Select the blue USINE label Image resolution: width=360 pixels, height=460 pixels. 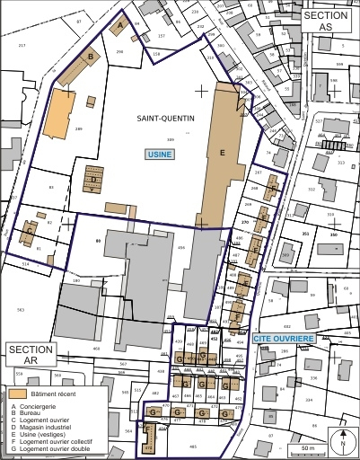(x=160, y=155)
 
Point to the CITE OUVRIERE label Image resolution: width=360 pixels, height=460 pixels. (x=283, y=338)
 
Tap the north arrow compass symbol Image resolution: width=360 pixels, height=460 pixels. (x=342, y=440)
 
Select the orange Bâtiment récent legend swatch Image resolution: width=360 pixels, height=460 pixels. (x=18, y=394)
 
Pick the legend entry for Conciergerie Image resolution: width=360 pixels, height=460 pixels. (x=36, y=406)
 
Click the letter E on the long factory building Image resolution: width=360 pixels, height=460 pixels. (x=221, y=154)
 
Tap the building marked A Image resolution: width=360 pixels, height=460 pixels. (x=121, y=27)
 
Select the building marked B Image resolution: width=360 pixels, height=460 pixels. (x=90, y=57)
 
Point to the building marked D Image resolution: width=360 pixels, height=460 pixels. (x=92, y=179)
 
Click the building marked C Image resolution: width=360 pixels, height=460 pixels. (x=31, y=230)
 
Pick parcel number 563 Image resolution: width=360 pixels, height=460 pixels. (x=19, y=309)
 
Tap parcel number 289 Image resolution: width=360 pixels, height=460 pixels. (x=79, y=130)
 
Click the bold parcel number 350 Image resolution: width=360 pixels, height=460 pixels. (x=333, y=234)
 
